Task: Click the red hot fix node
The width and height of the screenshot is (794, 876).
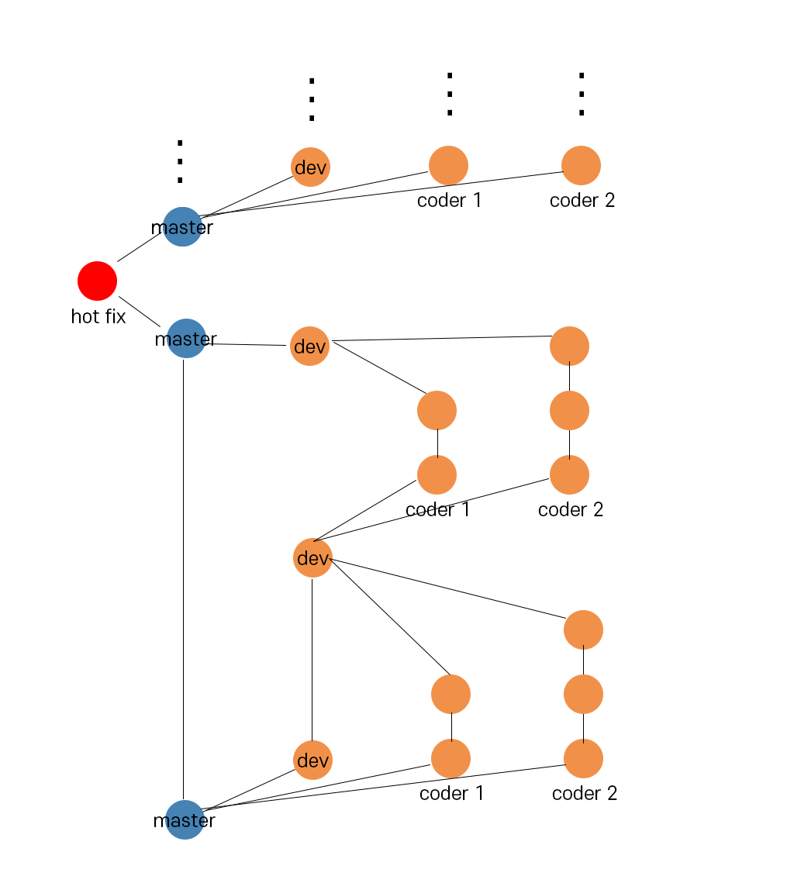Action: tap(97, 281)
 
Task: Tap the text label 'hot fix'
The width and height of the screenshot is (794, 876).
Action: tap(98, 316)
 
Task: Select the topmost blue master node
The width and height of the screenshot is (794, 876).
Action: tap(182, 226)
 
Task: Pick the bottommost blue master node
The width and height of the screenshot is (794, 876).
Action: tap(185, 819)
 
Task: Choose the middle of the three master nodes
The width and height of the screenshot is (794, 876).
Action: tap(186, 338)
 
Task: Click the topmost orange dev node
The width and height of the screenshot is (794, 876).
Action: tap(310, 167)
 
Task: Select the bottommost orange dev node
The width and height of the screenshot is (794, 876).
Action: tap(312, 760)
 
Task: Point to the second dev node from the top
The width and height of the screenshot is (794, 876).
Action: tap(309, 346)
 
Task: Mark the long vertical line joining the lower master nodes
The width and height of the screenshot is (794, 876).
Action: tap(184, 581)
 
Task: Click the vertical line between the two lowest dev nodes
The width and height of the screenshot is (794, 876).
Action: tap(312, 659)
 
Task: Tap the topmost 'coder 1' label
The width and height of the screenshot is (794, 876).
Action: tap(449, 200)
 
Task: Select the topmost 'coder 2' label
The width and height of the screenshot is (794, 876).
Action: tap(582, 200)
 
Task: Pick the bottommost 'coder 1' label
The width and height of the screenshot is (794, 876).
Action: tap(451, 793)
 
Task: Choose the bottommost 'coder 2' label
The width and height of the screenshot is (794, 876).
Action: tap(584, 793)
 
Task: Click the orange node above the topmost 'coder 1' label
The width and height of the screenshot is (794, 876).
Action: tap(448, 165)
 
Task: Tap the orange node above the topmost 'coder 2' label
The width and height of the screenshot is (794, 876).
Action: tap(581, 165)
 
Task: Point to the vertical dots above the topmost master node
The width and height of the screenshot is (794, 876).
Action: tap(180, 161)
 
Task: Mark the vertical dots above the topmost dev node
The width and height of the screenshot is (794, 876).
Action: tap(312, 99)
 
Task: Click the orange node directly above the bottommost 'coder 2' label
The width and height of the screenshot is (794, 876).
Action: tap(583, 758)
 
